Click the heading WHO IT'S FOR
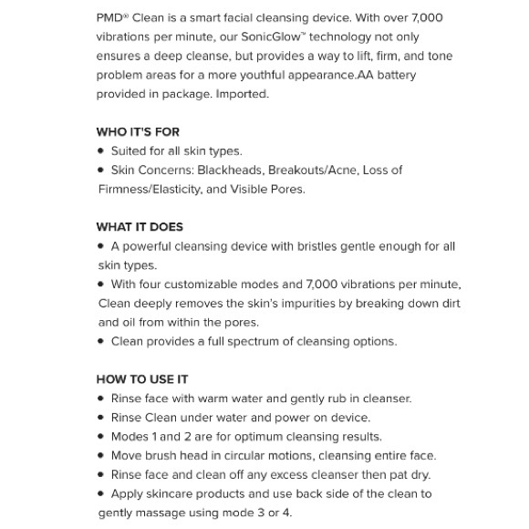(138, 132)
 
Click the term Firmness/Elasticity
(150, 190)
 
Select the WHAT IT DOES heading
(140, 227)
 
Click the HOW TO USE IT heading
(142, 379)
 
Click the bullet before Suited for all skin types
(101, 151)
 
